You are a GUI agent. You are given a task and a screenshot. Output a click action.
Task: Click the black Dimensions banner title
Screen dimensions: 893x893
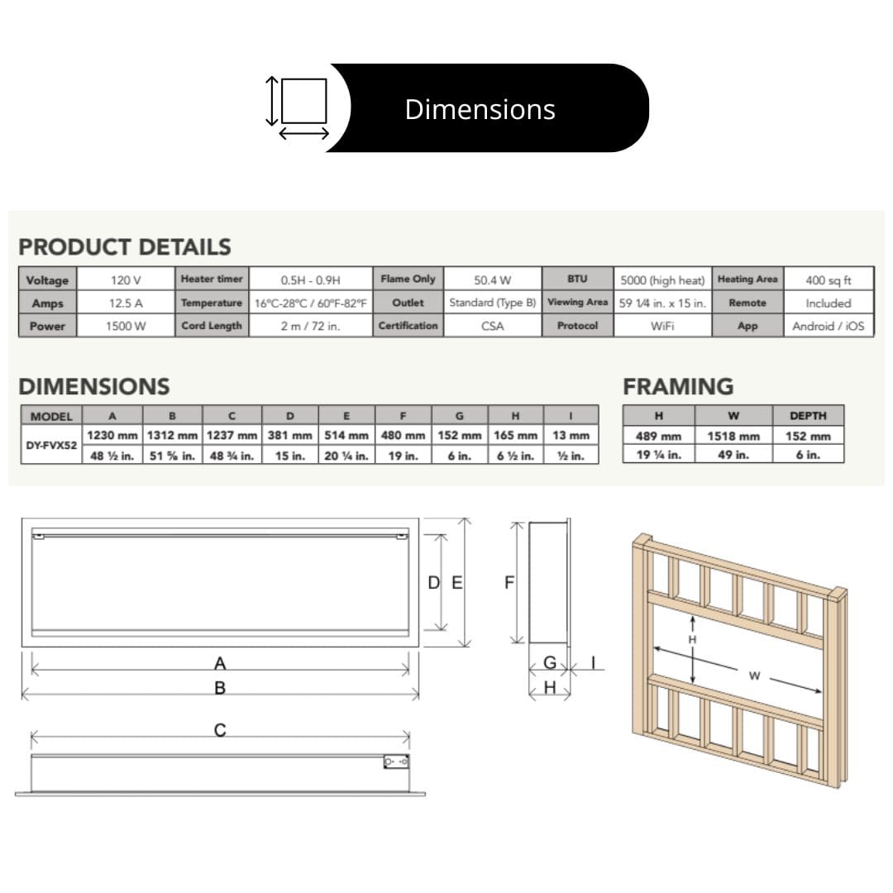pyautogui.click(x=480, y=109)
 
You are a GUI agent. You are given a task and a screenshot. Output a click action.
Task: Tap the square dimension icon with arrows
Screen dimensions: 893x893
pyautogui.click(x=298, y=107)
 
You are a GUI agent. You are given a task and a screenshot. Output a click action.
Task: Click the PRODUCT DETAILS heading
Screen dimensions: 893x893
pyautogui.click(x=125, y=246)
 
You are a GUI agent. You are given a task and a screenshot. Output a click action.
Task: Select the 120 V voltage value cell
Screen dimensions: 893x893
pyautogui.click(x=126, y=280)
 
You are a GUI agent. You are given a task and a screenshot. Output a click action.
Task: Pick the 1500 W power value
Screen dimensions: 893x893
pyautogui.click(x=126, y=327)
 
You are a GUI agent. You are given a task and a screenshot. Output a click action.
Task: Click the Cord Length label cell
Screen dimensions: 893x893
pyautogui.click(x=212, y=326)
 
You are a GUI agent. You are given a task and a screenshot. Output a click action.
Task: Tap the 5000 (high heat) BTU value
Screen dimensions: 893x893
pyautogui.click(x=662, y=280)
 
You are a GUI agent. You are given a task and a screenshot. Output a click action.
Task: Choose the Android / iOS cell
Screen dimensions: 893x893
pyautogui.click(x=828, y=326)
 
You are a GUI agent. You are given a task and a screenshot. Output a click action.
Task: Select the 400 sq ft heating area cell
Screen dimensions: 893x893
pyautogui.click(x=828, y=280)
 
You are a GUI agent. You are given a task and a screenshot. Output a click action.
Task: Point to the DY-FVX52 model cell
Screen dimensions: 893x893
pyautogui.click(x=50, y=445)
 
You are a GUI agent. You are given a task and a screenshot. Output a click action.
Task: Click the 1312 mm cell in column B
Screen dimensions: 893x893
pyautogui.click(x=172, y=435)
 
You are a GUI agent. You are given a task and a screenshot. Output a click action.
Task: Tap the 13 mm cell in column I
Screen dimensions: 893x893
pyautogui.click(x=571, y=435)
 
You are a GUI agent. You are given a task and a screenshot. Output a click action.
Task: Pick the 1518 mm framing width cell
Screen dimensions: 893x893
pyautogui.click(x=733, y=436)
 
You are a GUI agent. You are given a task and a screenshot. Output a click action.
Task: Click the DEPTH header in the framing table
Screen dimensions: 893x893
pyautogui.click(x=808, y=416)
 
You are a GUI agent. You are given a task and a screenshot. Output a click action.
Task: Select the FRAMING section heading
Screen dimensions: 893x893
pyautogui.click(x=678, y=386)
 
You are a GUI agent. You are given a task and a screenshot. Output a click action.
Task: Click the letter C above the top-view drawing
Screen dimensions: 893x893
pyautogui.click(x=220, y=730)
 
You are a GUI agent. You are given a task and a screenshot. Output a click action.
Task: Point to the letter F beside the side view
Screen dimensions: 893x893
pyautogui.click(x=509, y=583)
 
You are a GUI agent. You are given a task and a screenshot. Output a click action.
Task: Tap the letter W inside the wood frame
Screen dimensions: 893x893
pyautogui.click(x=754, y=676)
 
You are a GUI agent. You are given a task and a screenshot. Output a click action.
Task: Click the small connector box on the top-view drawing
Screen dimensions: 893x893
pyautogui.click(x=396, y=762)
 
